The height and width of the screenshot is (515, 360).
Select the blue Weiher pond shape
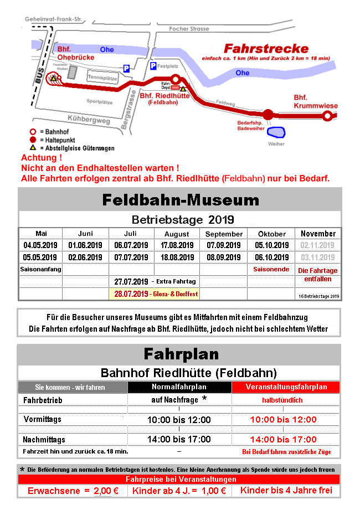276,132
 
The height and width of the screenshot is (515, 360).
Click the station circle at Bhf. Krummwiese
328,116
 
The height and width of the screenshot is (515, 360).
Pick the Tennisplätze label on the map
103,78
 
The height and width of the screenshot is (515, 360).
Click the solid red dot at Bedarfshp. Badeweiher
268,115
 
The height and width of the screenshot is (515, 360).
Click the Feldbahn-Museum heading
180,199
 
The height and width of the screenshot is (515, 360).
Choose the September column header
224,234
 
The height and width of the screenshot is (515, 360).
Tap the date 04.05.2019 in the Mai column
40,245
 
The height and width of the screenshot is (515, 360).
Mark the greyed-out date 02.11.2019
317,245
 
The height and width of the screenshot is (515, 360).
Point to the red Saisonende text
270,269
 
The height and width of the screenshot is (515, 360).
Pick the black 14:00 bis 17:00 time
179,439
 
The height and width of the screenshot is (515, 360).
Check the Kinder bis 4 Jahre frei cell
286,491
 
